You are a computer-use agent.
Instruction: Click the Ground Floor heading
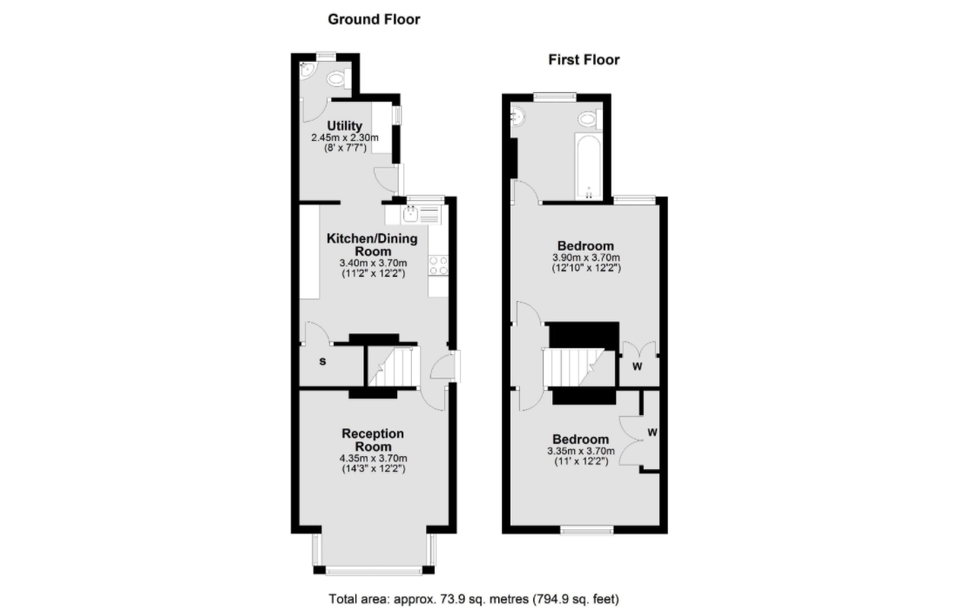[x=374, y=19]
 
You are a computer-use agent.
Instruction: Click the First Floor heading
[x=584, y=59]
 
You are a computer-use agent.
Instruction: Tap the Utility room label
[x=344, y=126]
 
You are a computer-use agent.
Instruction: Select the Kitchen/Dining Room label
[x=372, y=245]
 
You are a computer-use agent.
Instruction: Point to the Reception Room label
[x=373, y=440]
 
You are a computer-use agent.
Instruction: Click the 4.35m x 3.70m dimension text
[x=373, y=459]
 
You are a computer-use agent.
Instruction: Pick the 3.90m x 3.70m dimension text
[x=585, y=258]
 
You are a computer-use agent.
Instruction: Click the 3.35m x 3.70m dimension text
[x=581, y=451]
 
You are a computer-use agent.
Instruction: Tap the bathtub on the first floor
[x=588, y=166]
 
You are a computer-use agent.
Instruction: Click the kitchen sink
[x=410, y=215]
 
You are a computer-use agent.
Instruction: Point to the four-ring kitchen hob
[x=438, y=265]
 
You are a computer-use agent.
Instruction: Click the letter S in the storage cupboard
[x=322, y=361]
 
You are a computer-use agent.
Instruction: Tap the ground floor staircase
[x=394, y=366]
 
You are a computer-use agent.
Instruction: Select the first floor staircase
[x=574, y=366]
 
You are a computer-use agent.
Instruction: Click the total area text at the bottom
[x=474, y=599]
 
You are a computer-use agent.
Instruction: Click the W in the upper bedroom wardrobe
[x=637, y=366]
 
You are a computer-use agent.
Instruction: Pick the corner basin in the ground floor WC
[x=306, y=72]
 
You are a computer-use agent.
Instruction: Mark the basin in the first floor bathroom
[x=517, y=116]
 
